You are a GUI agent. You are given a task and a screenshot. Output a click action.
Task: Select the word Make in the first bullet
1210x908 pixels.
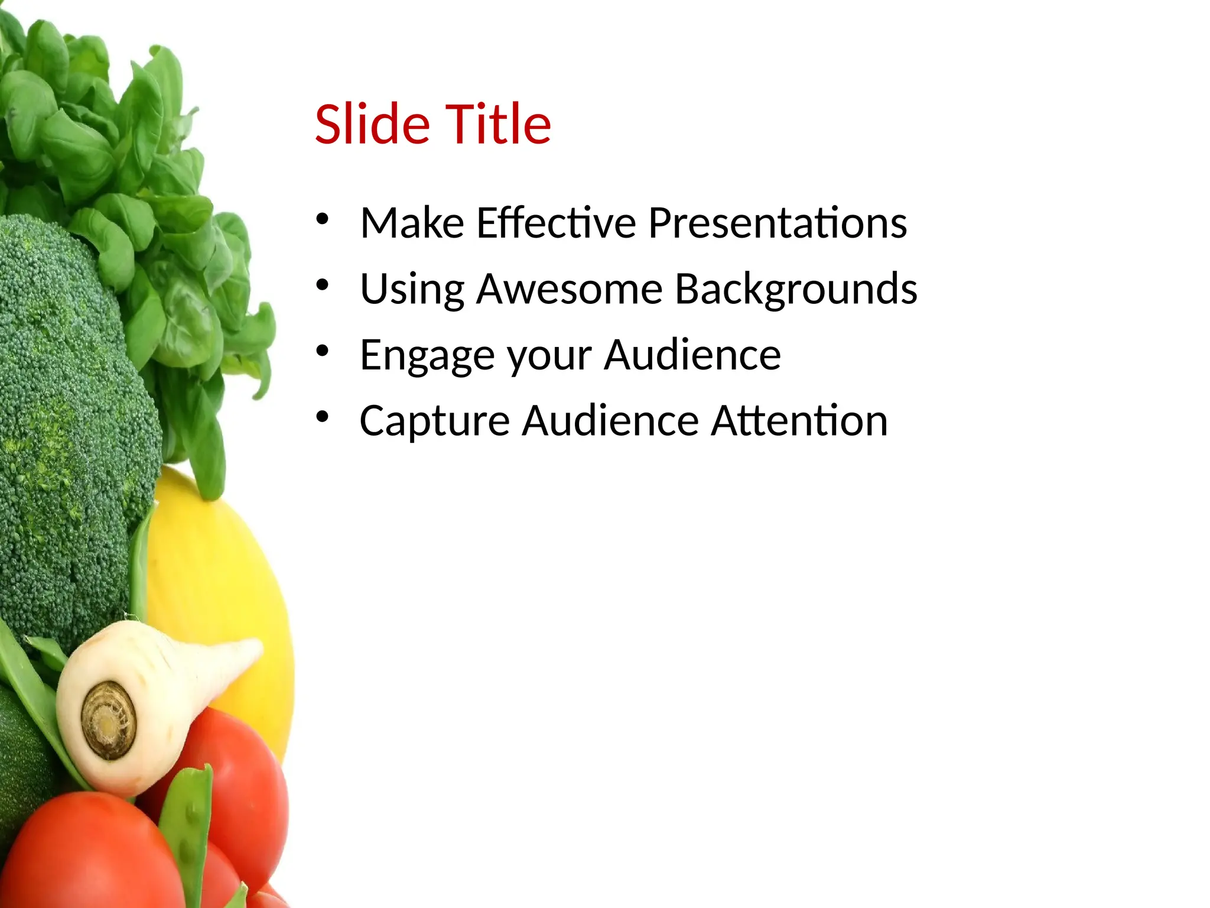click(x=412, y=223)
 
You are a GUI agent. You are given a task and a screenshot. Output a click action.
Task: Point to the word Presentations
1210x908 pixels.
click(x=777, y=223)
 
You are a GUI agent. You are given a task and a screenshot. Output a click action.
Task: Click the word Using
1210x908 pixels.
click(x=412, y=290)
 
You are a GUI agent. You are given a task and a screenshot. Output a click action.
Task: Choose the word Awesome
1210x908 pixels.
click(x=570, y=290)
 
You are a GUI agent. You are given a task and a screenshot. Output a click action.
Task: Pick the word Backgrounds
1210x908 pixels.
click(x=796, y=290)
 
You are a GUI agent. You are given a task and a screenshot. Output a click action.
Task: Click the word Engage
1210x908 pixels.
click(x=427, y=356)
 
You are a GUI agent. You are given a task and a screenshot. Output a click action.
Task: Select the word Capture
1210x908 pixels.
click(x=434, y=421)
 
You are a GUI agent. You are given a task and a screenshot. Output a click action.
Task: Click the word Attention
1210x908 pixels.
click(x=799, y=421)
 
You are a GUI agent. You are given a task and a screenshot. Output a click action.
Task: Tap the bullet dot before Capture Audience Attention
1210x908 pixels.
click(x=322, y=417)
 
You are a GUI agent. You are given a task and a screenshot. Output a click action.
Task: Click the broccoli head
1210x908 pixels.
click(x=65, y=414)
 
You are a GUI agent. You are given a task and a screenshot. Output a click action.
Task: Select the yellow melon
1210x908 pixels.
click(x=236, y=591)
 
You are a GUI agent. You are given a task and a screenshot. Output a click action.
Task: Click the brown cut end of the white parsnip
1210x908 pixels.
click(x=109, y=720)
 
